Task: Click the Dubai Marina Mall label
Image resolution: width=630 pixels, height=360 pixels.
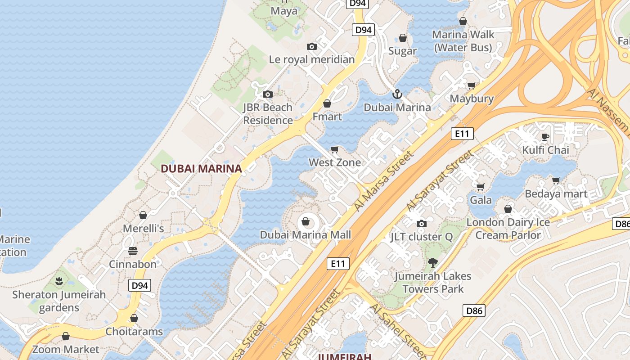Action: [x=306, y=235]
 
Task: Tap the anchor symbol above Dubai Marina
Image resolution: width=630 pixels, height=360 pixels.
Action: [x=397, y=94]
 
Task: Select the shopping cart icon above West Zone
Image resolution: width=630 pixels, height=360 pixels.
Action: [x=334, y=149]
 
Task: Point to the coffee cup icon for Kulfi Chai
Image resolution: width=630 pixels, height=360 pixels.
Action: [x=545, y=137]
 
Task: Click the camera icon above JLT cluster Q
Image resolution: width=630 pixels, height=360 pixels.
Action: [x=422, y=224]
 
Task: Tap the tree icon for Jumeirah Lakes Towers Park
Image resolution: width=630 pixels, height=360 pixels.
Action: [x=433, y=262]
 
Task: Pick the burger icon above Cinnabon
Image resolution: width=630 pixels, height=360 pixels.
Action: [x=132, y=251]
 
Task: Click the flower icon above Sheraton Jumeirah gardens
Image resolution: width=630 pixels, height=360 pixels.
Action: [x=59, y=282]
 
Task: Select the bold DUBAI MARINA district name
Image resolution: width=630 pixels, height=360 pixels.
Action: [x=201, y=169]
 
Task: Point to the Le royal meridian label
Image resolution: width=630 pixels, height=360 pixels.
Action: [x=312, y=59]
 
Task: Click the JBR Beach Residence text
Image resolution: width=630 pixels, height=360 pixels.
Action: [x=268, y=114]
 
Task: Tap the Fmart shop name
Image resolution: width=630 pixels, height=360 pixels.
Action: [x=327, y=117]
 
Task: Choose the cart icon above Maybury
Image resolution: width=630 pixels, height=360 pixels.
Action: [x=472, y=85]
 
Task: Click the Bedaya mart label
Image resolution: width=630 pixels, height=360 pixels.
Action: [x=556, y=194]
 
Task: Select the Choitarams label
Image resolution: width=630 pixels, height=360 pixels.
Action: [x=134, y=332]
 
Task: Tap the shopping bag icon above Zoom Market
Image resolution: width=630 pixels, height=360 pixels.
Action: [x=66, y=336]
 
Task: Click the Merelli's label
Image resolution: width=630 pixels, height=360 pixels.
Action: [x=144, y=229]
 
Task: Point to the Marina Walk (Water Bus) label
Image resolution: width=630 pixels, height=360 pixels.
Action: [x=463, y=40]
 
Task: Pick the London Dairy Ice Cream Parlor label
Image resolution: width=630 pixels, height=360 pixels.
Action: [x=508, y=229]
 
